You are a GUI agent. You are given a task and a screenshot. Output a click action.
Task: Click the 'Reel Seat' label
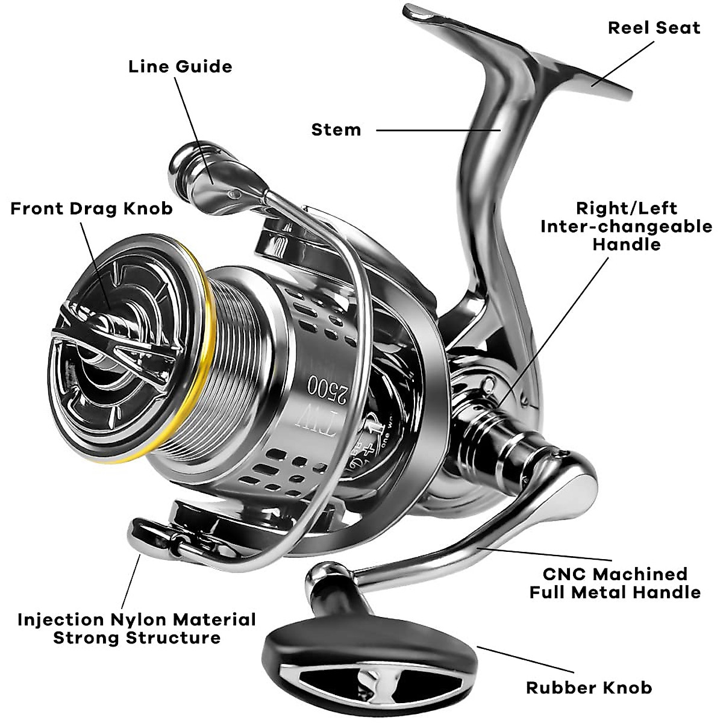click(x=654, y=28)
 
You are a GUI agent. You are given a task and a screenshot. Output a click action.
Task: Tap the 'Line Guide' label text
click(x=180, y=66)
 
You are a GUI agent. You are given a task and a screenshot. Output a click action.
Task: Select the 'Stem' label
click(x=336, y=130)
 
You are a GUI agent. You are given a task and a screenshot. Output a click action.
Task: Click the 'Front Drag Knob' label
click(x=92, y=208)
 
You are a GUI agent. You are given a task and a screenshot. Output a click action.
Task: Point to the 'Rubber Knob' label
click(x=589, y=687)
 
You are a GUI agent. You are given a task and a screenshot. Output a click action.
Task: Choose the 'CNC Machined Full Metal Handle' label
click(x=615, y=583)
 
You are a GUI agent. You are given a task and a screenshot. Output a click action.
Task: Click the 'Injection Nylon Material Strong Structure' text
click(x=137, y=628)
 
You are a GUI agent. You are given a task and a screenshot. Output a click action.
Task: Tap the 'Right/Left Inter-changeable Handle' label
click(x=626, y=226)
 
